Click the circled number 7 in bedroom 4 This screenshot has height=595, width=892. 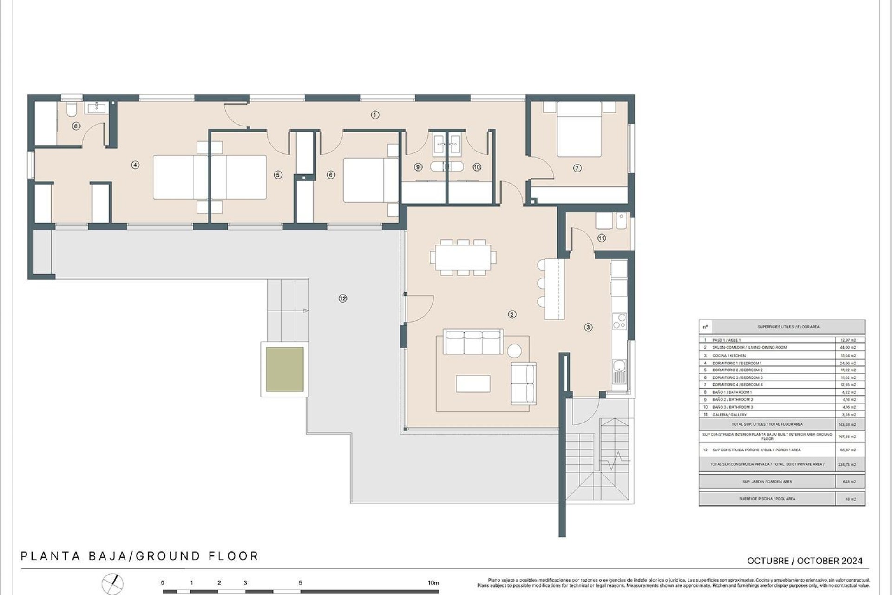pyautogui.click(x=577, y=168)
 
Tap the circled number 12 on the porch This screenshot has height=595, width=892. pyautogui.click(x=343, y=298)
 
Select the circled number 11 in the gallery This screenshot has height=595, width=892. pyautogui.click(x=602, y=238)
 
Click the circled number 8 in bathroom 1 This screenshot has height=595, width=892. pyautogui.click(x=76, y=126)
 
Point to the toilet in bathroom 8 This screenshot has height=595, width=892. pyautogui.click(x=71, y=109)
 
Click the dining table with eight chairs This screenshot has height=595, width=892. pyautogui.click(x=463, y=257)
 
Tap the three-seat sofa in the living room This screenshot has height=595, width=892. pyautogui.click(x=473, y=342)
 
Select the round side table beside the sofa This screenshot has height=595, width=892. pyautogui.click(x=514, y=350)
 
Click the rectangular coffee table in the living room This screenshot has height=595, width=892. pyautogui.click(x=473, y=383)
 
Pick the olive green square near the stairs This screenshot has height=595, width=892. pyautogui.click(x=285, y=370)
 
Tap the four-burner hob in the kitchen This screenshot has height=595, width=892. pyautogui.click(x=619, y=321)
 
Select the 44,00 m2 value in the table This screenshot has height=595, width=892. pyautogui.click(x=849, y=347)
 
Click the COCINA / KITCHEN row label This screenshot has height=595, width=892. pyautogui.click(x=729, y=356)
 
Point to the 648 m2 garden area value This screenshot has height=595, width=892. pyautogui.click(x=849, y=482)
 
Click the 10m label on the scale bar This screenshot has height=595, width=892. pyautogui.click(x=433, y=582)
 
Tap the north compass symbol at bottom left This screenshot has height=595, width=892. pyautogui.click(x=113, y=584)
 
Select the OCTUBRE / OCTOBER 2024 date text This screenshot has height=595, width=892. pyautogui.click(x=805, y=561)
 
